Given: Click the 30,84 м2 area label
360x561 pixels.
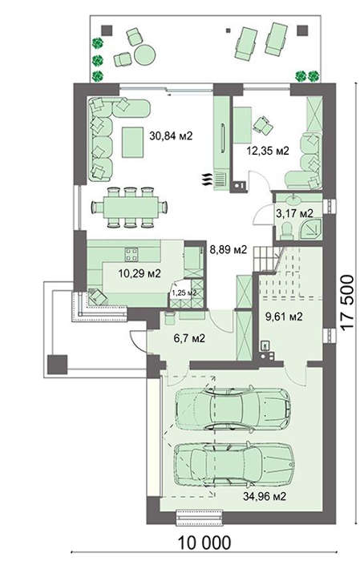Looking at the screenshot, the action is (171, 136).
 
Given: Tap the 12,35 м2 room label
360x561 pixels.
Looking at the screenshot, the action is (267, 151).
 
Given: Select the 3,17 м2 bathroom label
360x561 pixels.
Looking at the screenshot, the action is (294, 214).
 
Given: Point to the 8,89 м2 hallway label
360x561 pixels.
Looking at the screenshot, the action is (229, 249).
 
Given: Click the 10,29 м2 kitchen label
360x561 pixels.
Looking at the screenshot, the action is (140, 274).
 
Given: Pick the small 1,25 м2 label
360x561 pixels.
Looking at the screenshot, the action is (184, 293).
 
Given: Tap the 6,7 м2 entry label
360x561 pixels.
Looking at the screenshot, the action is (189, 337).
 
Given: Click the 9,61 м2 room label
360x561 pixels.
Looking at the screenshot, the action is (284, 317).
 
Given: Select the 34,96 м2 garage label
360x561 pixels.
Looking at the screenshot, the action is (265, 496).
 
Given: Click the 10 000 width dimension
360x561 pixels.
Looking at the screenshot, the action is (204, 543).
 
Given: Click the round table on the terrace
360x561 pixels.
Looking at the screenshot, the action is (145, 55).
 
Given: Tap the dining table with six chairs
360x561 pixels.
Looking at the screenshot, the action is (130, 207).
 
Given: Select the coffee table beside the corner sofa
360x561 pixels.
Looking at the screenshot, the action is (133, 142).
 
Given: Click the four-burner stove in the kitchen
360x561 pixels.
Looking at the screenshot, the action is (131, 254).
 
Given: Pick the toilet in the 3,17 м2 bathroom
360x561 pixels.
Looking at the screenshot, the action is (287, 231).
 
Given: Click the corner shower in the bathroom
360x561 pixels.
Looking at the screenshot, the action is (310, 228).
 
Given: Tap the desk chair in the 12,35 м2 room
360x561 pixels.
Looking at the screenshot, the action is (264, 126).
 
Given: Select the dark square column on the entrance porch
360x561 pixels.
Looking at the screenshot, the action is (57, 364).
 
